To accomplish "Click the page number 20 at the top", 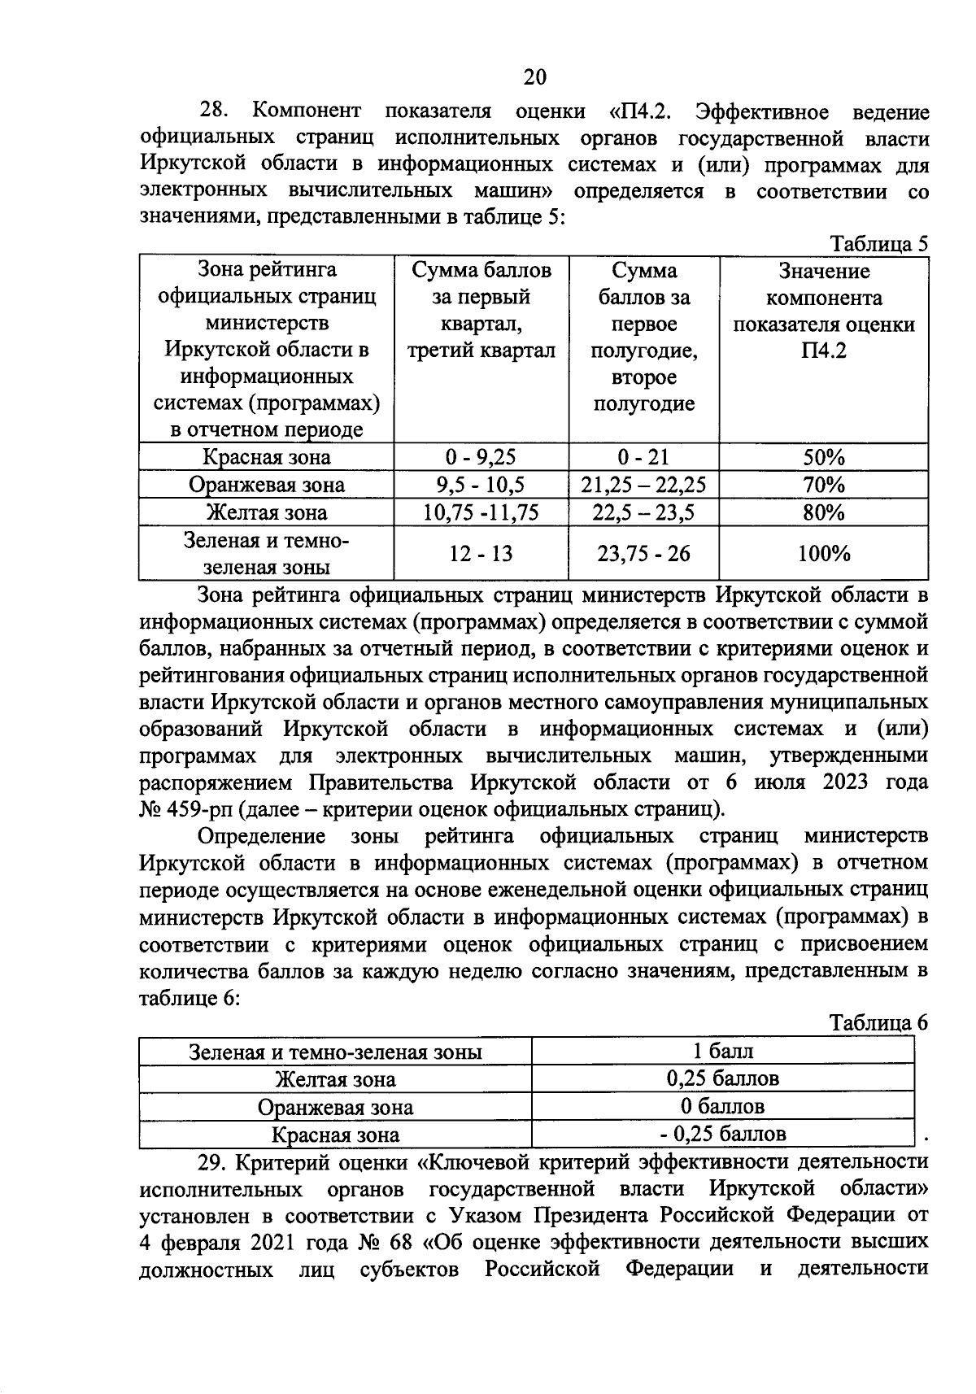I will click(534, 77).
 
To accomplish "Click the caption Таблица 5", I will click(878, 244).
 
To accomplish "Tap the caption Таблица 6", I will click(878, 1023).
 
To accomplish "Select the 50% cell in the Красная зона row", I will click(823, 457).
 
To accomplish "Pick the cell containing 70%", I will click(823, 486).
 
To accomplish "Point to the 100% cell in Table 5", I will click(823, 554).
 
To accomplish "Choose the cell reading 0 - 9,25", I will click(481, 457).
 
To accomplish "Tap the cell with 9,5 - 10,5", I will click(481, 486).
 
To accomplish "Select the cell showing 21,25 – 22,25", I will click(643, 486).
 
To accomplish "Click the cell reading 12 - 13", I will click(481, 554).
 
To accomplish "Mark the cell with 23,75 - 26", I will click(643, 554).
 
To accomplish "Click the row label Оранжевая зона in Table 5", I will click(266, 486).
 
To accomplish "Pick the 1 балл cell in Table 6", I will click(722, 1052).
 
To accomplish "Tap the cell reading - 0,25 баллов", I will click(722, 1134).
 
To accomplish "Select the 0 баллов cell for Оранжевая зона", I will click(722, 1106).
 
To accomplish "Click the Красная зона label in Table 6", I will click(335, 1135).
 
